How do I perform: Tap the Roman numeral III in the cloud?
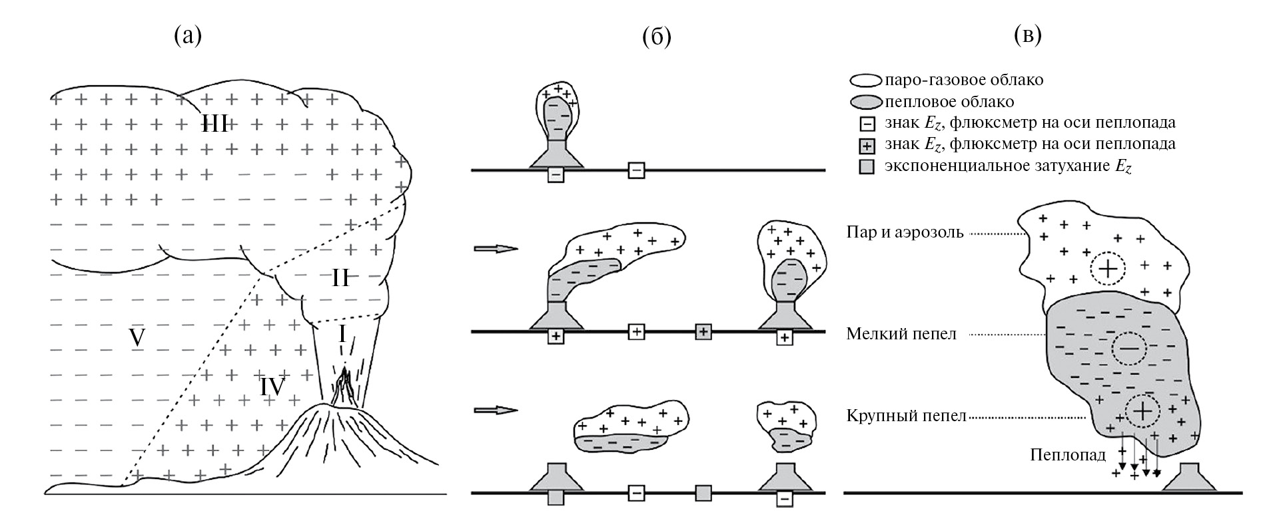215,124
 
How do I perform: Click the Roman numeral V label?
137,338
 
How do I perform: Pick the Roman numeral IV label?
272,386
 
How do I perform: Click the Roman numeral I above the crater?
342,333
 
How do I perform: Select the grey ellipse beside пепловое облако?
866,103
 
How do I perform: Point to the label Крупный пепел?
906,417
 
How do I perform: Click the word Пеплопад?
1067,455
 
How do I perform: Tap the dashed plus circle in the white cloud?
1107,269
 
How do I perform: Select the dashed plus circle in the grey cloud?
1142,411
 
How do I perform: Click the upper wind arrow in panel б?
495,249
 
